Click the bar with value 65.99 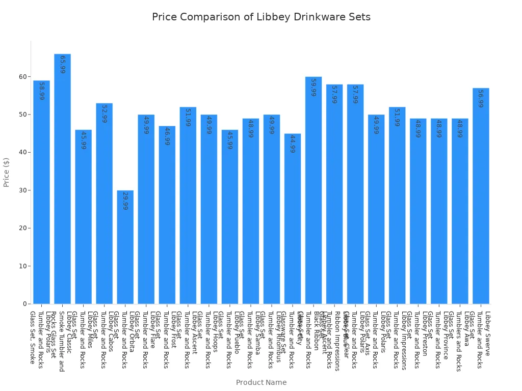click(x=62, y=178)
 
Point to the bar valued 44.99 click(x=293, y=219)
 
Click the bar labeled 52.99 click(x=104, y=204)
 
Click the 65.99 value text click(x=62, y=65)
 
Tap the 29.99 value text click(x=125, y=201)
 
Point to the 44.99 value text click(x=293, y=144)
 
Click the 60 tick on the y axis click(x=22, y=77)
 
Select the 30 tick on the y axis click(x=22, y=190)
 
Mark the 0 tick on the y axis click(x=24, y=304)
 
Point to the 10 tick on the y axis click(x=22, y=266)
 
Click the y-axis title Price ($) click(x=7, y=172)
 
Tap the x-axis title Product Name click(x=261, y=382)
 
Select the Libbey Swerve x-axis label click(x=487, y=333)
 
